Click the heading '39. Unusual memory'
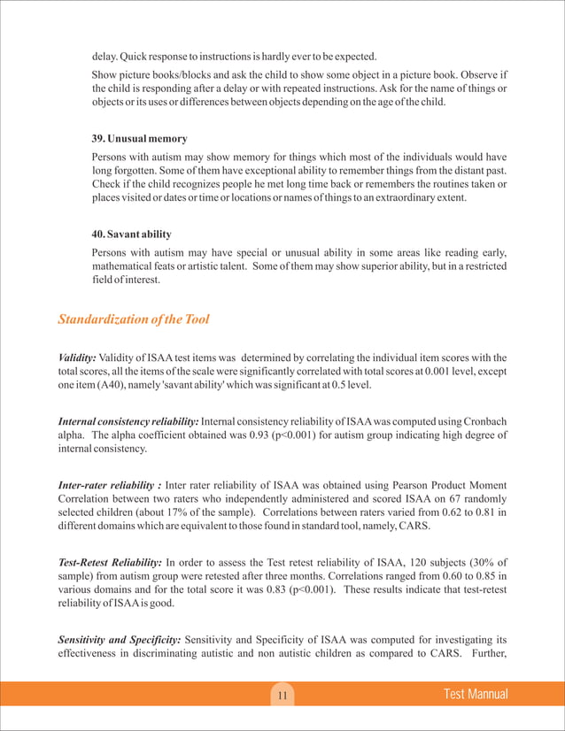tap(139, 139)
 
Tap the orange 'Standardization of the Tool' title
tap(133, 319)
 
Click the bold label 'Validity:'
tap(77, 357)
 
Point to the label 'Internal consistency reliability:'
tap(128, 419)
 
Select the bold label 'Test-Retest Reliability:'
tap(109, 563)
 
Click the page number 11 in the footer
tap(282, 696)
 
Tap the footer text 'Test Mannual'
tap(476, 695)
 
